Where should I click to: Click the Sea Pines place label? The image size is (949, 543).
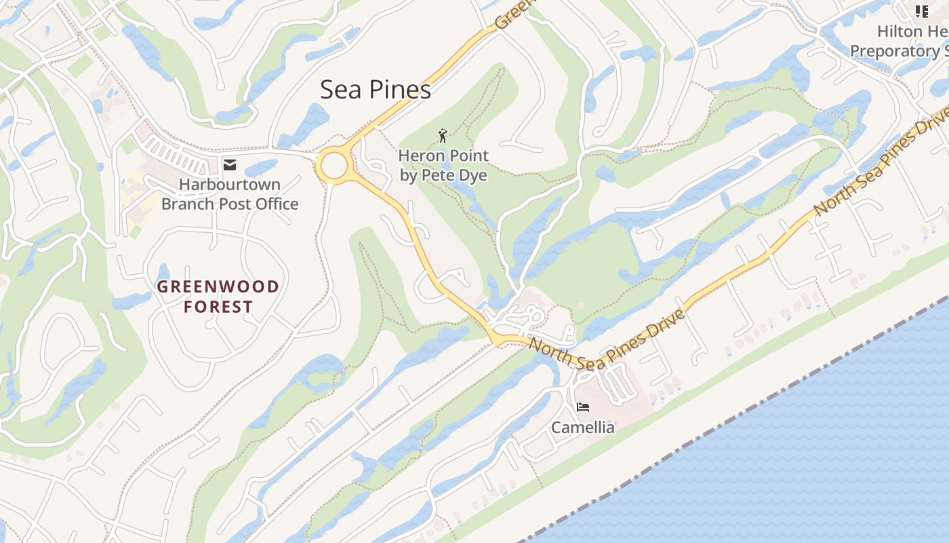tap(376, 90)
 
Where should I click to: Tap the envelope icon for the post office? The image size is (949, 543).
tap(230, 164)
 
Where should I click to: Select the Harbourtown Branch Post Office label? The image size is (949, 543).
tap(230, 194)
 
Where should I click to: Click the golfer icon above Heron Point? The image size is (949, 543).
tap(443, 136)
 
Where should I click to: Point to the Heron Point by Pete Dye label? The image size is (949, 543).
tap(444, 166)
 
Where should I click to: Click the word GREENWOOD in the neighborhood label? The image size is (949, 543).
tap(218, 286)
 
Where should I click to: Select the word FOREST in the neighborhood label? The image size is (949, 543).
tap(218, 307)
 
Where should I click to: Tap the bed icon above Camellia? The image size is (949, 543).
tap(582, 407)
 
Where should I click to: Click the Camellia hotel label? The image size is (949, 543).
tap(582, 428)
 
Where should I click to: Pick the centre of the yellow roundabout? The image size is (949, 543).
tap(334, 166)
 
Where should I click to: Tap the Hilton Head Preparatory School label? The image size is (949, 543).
tap(898, 41)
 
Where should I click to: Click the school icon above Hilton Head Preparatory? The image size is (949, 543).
tap(921, 11)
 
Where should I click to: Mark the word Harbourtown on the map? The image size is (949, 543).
tap(230, 185)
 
